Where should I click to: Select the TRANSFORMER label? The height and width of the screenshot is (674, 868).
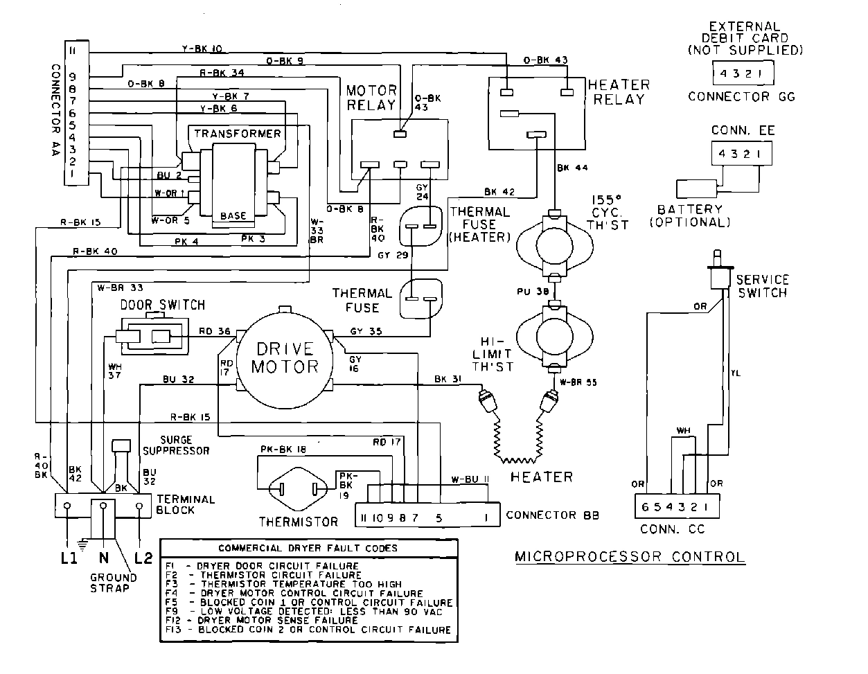238,134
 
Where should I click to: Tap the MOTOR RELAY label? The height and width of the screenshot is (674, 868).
371,98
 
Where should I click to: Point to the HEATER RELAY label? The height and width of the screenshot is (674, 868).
619,91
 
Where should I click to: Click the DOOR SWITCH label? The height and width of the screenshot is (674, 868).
163,305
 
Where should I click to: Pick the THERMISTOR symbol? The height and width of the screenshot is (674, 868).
299,489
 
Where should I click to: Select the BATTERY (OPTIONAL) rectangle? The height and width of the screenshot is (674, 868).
697,189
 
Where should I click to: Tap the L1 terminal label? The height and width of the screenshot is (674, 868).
67,558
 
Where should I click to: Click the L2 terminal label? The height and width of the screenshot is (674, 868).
143,558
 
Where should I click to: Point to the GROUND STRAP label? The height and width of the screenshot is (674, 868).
109,583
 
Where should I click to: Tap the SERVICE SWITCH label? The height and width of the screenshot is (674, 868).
762,286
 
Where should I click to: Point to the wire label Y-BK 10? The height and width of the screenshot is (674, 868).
202,49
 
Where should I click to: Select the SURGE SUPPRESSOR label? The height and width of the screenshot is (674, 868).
185,445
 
